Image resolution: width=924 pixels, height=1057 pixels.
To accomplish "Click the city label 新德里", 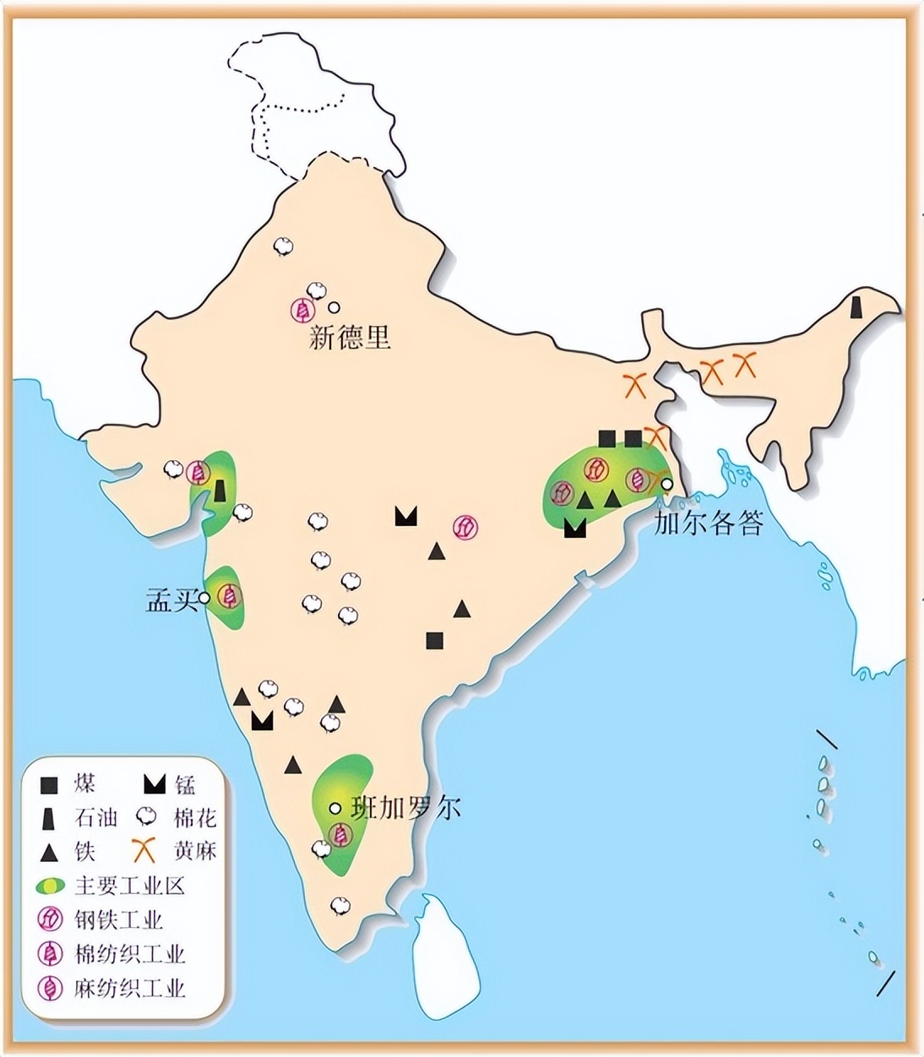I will click(351, 339).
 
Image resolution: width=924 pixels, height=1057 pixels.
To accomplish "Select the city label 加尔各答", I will click(709, 523).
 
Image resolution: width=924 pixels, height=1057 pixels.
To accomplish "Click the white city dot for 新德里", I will click(334, 307).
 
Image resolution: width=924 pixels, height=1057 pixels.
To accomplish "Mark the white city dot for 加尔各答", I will click(667, 485).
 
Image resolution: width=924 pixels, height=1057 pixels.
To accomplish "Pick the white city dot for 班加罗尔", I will click(335, 808).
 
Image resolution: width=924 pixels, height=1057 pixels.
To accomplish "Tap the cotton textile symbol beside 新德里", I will click(300, 310).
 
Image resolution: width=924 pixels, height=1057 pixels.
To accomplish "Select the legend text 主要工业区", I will click(129, 886).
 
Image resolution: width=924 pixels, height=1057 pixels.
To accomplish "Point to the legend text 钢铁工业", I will click(119, 919).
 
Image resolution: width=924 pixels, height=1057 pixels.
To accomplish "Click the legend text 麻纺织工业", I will click(129, 988).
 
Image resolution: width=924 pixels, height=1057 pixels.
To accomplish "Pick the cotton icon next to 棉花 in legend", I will click(146, 817).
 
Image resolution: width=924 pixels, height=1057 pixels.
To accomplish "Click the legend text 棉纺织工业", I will click(129, 954).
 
